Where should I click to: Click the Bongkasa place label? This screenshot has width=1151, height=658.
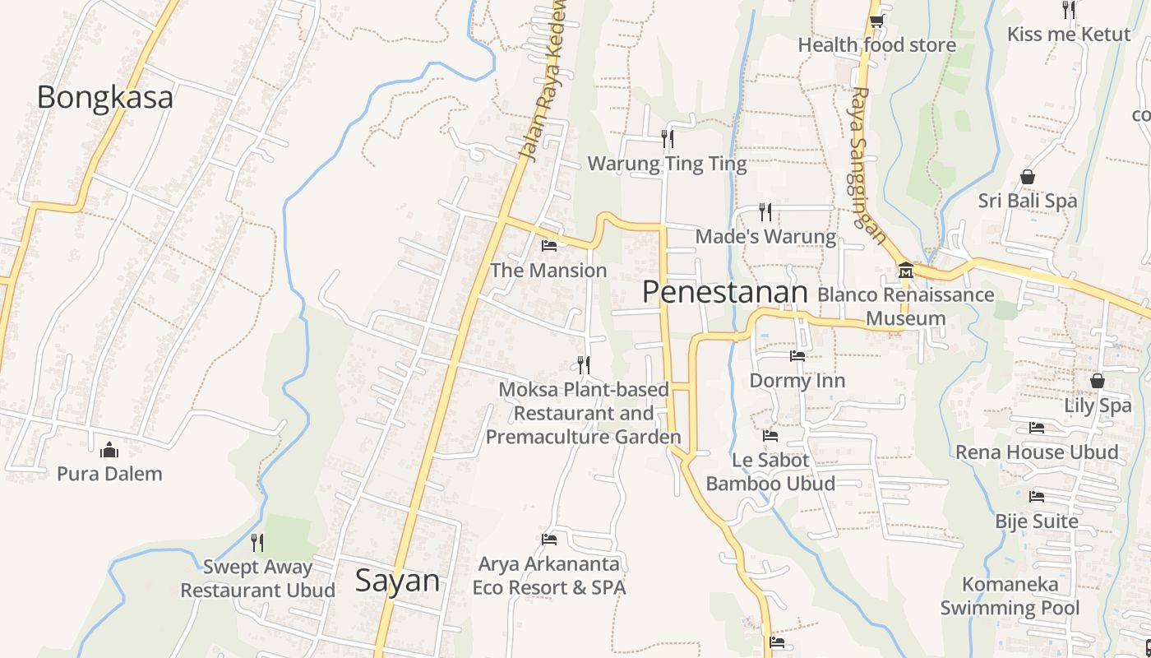[104, 97]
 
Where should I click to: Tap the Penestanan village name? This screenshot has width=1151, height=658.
[725, 292]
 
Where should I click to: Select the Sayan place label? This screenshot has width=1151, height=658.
[397, 581]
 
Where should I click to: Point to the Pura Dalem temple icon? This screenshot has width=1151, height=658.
[109, 450]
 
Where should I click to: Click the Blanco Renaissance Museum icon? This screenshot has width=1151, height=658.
[905, 270]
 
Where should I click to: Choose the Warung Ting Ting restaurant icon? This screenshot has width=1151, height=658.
[668, 138]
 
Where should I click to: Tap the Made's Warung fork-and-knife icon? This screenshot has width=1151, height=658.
[765, 212]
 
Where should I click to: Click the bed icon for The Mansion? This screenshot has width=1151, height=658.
[549, 245]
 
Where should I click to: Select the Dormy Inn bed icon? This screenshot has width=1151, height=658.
[797, 356]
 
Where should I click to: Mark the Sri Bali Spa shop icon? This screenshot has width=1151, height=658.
[1027, 176]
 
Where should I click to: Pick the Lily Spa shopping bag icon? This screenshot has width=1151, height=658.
[1097, 381]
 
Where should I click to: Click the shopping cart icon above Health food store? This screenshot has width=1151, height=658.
[877, 21]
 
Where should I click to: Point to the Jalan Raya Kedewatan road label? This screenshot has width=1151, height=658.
[544, 82]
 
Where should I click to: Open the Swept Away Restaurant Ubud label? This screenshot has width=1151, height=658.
[257, 578]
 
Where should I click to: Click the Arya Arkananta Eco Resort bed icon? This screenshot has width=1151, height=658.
[549, 540]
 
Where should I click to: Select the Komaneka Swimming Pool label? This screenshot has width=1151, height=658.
[1010, 596]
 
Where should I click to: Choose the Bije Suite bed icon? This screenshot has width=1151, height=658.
[1037, 497]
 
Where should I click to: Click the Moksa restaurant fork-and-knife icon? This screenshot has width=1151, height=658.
[584, 364]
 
